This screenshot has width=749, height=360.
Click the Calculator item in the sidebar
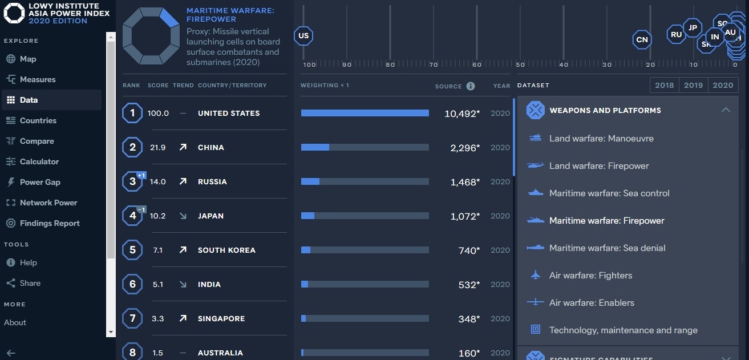pos(39,161)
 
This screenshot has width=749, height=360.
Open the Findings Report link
pos(49,223)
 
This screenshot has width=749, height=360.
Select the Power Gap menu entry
pos(39,182)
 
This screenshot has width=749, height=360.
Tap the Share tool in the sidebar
pos(30,283)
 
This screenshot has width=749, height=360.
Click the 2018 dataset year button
pos(665,85)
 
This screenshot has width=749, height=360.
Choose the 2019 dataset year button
pos(694,85)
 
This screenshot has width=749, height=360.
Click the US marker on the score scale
pos(303,36)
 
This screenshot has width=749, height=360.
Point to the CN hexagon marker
pos(642,39)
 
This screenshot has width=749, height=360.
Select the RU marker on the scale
pos(676,34)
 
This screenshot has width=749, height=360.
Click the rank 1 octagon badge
pos(132,113)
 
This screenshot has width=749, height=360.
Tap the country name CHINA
pos(211,147)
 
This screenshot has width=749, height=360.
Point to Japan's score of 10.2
pos(157,216)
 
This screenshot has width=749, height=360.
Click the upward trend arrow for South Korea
pos(183,250)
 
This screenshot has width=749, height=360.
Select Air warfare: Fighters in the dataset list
pos(590,276)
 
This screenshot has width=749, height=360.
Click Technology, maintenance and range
pos(623,330)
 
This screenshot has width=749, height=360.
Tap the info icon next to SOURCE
pos(471,86)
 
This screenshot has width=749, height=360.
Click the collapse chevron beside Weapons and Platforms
pos(726,110)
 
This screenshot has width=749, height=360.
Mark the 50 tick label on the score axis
pos(520,64)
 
